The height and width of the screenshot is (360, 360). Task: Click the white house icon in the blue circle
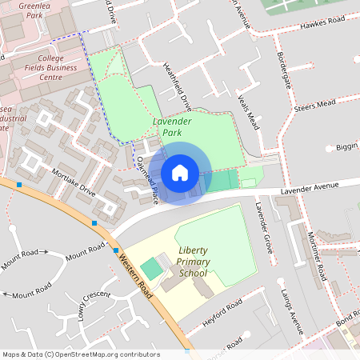(180, 172)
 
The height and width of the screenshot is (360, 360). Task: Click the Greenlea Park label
(22, 9)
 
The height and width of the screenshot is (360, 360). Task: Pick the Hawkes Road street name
(323, 22)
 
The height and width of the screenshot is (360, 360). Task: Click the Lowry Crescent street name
(94, 305)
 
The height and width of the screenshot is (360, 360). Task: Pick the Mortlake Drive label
(74, 183)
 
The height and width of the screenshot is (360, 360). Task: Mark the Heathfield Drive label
(178, 86)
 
